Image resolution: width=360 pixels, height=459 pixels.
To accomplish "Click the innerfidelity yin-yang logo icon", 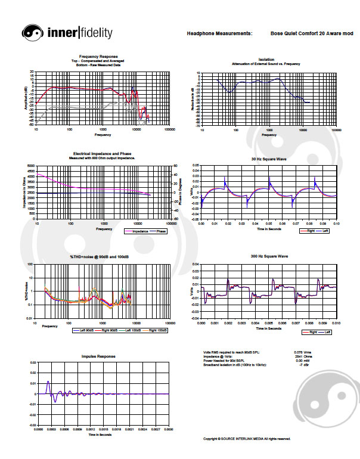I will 32,33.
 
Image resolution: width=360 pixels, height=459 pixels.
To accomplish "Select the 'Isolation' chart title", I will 266,60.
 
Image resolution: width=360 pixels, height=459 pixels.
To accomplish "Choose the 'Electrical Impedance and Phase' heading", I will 102,153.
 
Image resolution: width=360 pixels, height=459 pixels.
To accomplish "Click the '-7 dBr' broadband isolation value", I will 301,364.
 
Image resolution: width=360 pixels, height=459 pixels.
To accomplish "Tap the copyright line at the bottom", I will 247,439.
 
